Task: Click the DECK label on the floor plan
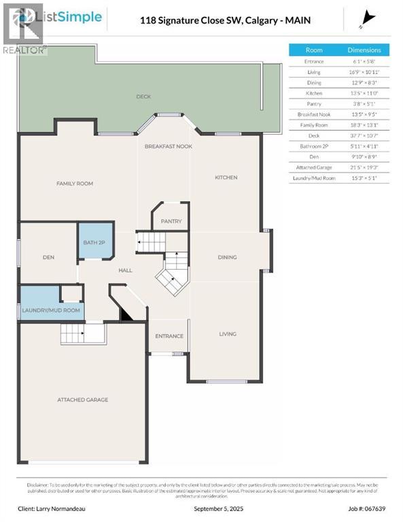(143, 97)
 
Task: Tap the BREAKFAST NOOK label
(169, 146)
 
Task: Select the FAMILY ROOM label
(75, 184)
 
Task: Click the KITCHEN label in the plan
(226, 177)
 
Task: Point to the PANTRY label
(171, 222)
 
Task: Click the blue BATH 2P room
(94, 241)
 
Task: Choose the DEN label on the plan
(48, 257)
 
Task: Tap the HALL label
(126, 270)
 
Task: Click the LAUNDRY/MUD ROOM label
(51, 310)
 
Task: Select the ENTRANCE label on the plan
(169, 336)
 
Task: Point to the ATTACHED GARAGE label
(82, 400)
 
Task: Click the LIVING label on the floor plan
(227, 334)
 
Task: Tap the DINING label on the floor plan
(227, 257)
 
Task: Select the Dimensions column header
(364, 50)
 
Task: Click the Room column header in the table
(314, 50)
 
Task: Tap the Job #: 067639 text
(355, 508)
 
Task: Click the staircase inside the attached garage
(83, 334)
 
